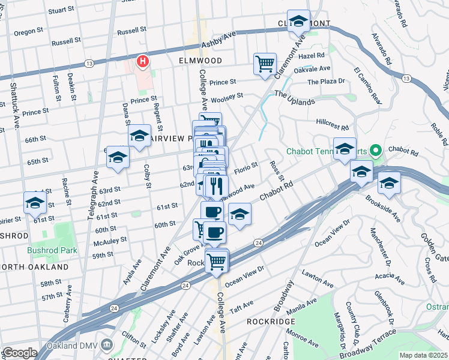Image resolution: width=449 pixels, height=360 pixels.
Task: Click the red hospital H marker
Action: click(x=143, y=61)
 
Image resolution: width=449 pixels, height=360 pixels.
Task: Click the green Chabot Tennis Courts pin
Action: click(x=376, y=150)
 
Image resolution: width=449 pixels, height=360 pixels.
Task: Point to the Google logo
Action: click(x=19, y=353)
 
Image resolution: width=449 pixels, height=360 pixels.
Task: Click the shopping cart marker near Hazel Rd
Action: click(x=265, y=62)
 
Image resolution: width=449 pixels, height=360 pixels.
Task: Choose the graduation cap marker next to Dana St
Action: click(x=139, y=136)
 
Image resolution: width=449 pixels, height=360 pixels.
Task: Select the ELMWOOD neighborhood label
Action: click(x=200, y=61)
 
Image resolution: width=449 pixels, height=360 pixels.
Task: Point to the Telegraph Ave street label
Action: click(x=94, y=196)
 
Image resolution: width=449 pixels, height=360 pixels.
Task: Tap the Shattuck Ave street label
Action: click(x=14, y=108)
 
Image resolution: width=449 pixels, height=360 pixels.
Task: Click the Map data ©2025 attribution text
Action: click(x=423, y=355)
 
